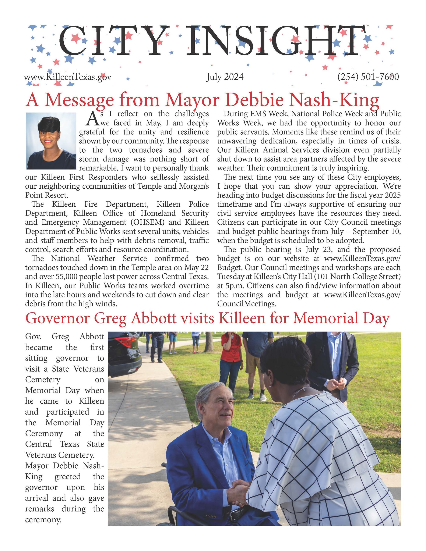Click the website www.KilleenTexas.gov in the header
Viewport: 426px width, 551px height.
point(67,77)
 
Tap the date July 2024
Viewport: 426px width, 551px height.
point(225,77)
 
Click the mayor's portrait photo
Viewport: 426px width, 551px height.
point(51,141)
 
